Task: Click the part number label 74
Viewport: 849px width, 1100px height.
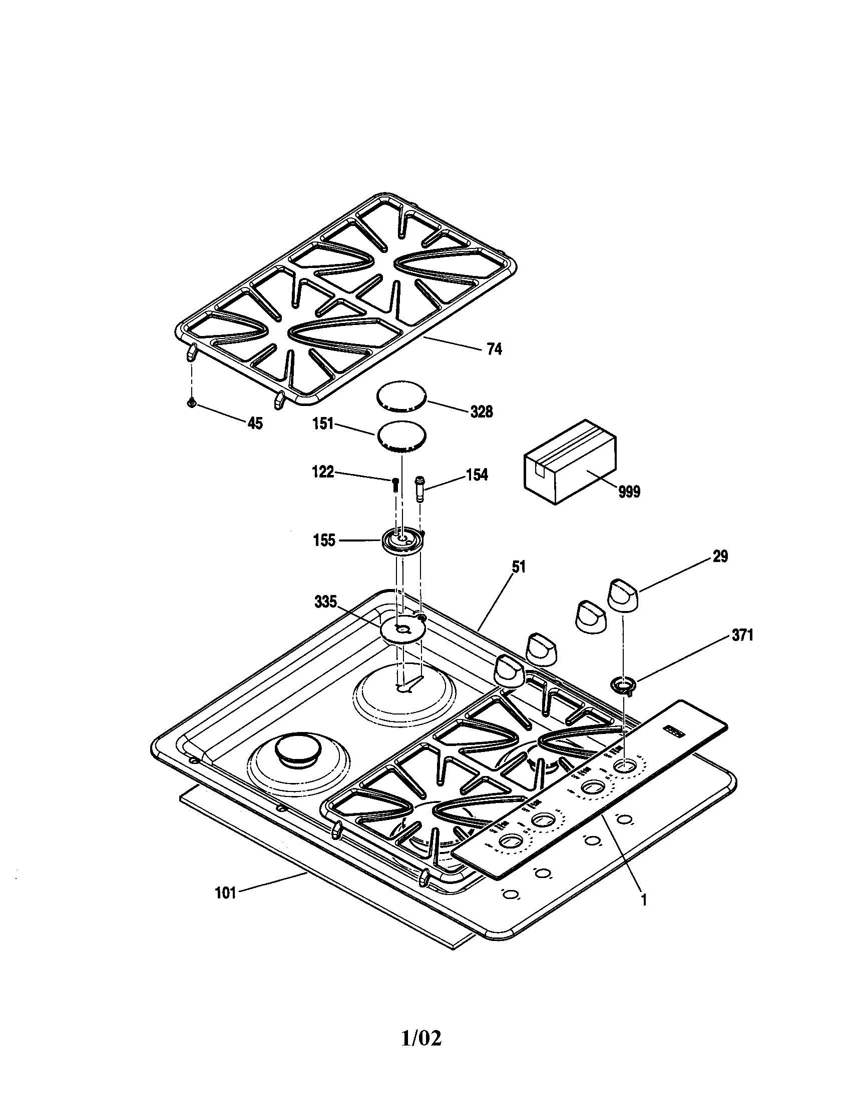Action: point(494,349)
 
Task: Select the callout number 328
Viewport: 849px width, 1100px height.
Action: point(482,411)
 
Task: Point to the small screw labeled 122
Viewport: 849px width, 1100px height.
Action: point(395,484)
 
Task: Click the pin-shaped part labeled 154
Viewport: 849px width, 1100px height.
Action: point(419,487)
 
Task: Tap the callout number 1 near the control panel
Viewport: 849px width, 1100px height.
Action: point(643,901)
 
